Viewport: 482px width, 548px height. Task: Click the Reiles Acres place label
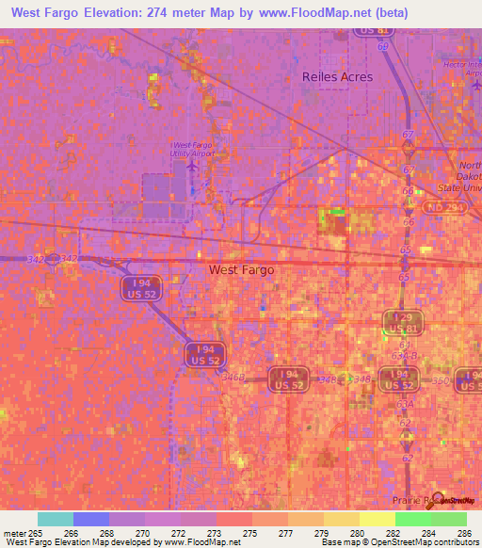point(337,77)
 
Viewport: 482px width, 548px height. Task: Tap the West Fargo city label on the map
point(241,269)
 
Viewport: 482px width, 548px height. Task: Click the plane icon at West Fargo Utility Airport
point(193,165)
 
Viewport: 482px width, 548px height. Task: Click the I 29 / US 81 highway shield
point(402,322)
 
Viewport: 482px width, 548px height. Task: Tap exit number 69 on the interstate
point(383,45)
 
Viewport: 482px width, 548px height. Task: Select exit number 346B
point(233,377)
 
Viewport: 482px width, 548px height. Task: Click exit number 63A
point(405,402)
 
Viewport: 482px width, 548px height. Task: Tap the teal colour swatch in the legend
point(56,519)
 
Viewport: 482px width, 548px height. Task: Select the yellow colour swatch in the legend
point(376,519)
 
